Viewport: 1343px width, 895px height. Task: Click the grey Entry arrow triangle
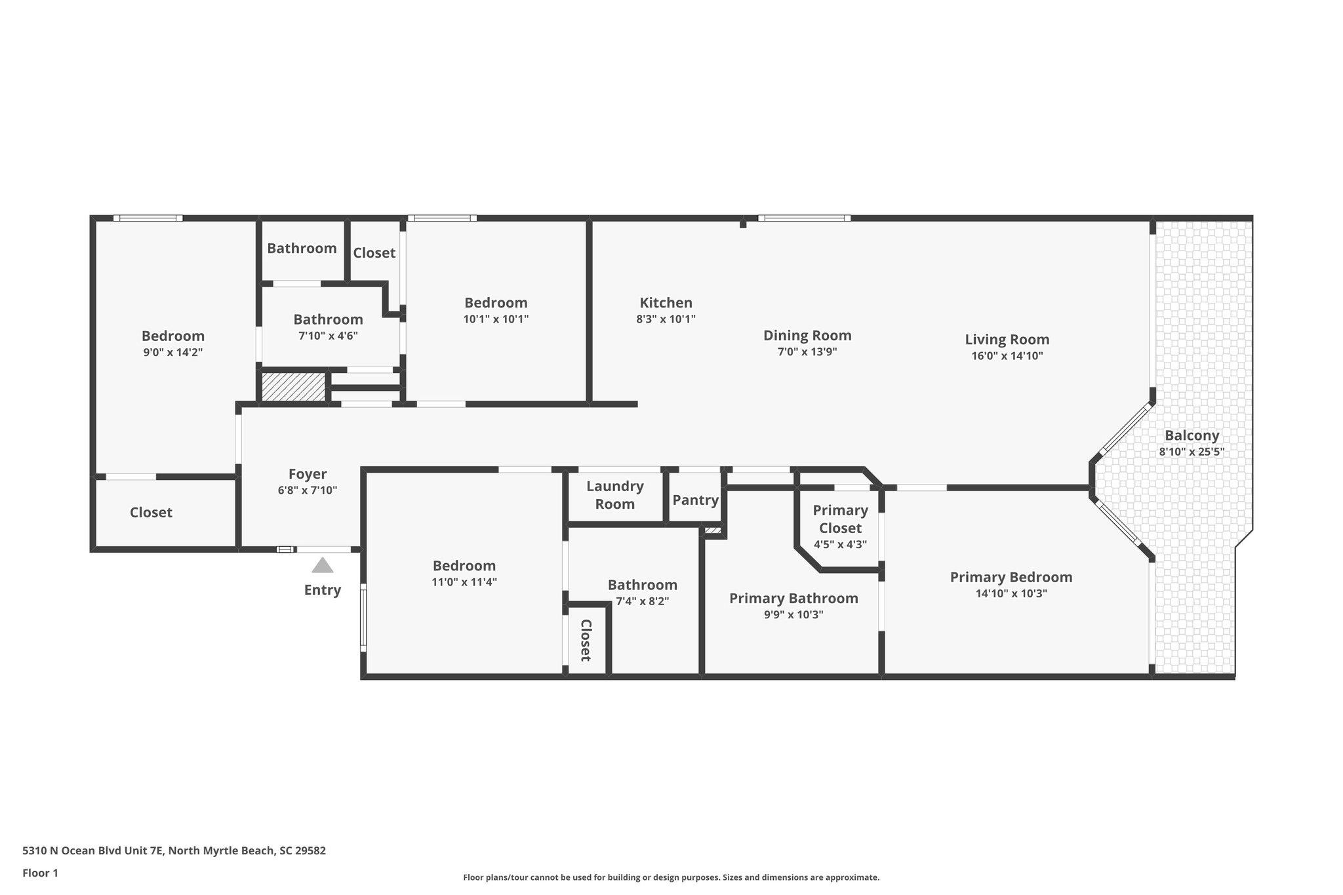click(322, 565)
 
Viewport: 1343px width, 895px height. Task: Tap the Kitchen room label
click(666, 303)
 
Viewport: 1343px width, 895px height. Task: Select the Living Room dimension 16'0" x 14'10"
click(1007, 356)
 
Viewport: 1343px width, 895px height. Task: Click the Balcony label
click(1192, 435)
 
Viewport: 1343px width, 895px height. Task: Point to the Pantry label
click(695, 500)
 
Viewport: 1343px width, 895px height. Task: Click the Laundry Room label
click(614, 495)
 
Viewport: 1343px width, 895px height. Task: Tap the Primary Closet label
click(840, 519)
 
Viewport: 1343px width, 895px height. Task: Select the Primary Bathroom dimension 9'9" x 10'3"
click(793, 615)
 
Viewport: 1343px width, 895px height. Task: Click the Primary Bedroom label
click(1011, 577)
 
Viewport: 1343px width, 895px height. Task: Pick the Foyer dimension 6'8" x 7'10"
click(307, 490)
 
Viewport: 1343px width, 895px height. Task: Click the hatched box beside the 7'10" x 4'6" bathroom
click(293, 386)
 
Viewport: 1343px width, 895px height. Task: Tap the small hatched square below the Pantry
click(712, 530)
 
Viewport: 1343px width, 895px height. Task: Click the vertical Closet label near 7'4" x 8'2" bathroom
click(586, 640)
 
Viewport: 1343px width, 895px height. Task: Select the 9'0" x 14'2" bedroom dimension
click(172, 352)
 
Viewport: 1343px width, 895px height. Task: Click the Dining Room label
click(807, 335)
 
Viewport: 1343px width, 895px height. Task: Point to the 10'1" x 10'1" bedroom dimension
click(495, 319)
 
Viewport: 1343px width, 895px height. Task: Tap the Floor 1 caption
click(40, 873)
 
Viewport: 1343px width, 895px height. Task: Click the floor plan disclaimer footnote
click(671, 877)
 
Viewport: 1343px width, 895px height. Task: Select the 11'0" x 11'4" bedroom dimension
click(464, 582)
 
